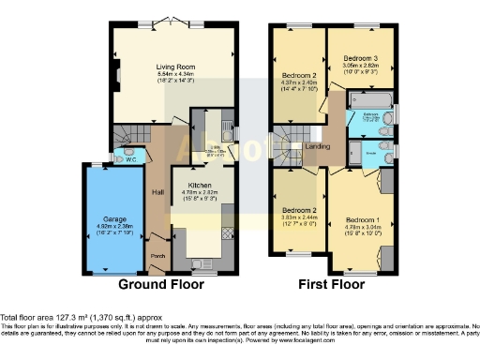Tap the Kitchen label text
coord(200,186)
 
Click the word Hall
coord(157,192)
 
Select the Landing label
coord(318,146)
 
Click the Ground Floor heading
coord(157,283)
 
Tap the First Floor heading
coord(333,283)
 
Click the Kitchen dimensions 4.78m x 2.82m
coord(200,193)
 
